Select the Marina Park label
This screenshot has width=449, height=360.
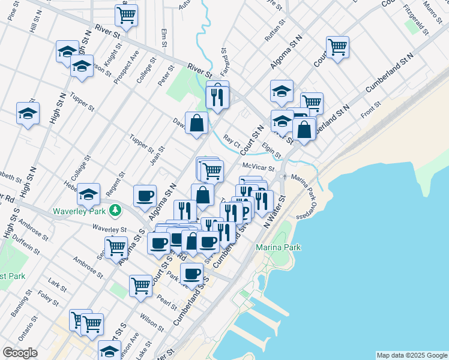point(278,247)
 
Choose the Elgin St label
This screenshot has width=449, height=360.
point(271,146)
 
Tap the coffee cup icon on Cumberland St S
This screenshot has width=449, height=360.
point(191,274)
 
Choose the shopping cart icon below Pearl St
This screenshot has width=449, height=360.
point(140,286)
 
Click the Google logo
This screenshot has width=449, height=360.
point(20,353)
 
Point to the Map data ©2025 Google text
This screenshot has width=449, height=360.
point(411,355)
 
